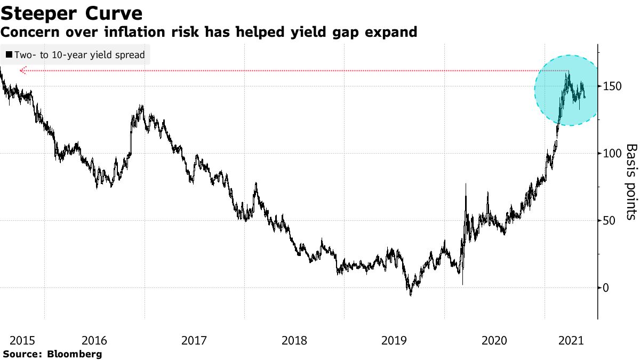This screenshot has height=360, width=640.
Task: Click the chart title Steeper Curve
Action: coord(71,13)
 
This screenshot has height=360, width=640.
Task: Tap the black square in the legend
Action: coord(9,55)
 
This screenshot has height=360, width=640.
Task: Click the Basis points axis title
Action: coord(631,181)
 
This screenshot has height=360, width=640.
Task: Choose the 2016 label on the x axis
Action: coord(94,340)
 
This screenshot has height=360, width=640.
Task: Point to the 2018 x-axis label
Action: coord(294,340)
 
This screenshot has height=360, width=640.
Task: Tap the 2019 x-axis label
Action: coord(394,340)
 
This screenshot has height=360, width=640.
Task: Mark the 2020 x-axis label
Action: coord(494,340)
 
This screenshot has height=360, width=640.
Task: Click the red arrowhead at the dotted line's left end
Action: coord(22,70)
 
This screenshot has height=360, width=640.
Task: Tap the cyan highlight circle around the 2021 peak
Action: coord(569,90)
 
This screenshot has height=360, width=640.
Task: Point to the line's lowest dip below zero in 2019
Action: coord(410,295)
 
